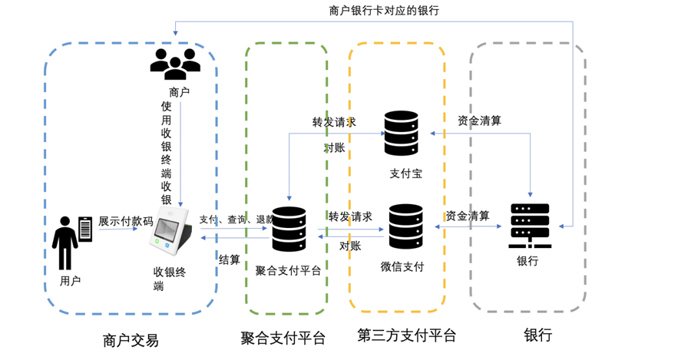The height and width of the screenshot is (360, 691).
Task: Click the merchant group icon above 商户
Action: (x=175, y=64)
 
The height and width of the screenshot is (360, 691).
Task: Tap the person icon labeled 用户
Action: (x=64, y=243)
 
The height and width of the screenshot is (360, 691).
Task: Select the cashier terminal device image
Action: (x=173, y=230)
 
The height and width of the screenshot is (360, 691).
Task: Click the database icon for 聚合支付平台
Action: (x=289, y=230)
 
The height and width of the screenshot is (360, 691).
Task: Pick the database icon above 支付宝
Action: (x=401, y=133)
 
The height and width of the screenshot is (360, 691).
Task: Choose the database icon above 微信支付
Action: (x=406, y=226)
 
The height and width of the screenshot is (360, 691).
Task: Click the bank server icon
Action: (x=530, y=226)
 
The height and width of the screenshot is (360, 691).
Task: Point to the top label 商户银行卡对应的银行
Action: (x=384, y=11)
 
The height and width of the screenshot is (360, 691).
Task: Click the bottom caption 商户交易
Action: (x=131, y=340)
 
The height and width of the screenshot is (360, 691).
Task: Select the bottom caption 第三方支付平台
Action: (x=406, y=335)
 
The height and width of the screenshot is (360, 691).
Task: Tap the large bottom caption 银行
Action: (x=537, y=335)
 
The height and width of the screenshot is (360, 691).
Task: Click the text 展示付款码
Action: (x=126, y=221)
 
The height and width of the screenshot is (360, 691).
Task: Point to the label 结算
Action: (x=229, y=259)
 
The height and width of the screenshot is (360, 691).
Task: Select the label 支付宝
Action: (x=406, y=173)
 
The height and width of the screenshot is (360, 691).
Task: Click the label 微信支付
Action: (x=402, y=266)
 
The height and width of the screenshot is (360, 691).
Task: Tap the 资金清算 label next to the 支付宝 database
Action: (x=479, y=121)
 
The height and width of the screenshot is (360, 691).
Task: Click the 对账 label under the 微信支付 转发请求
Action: (x=350, y=246)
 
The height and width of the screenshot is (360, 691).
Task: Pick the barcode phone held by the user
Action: (x=85, y=230)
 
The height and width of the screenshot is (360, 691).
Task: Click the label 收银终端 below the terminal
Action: (x=169, y=279)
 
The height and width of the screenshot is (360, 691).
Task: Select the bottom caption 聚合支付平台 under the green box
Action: (x=283, y=338)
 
